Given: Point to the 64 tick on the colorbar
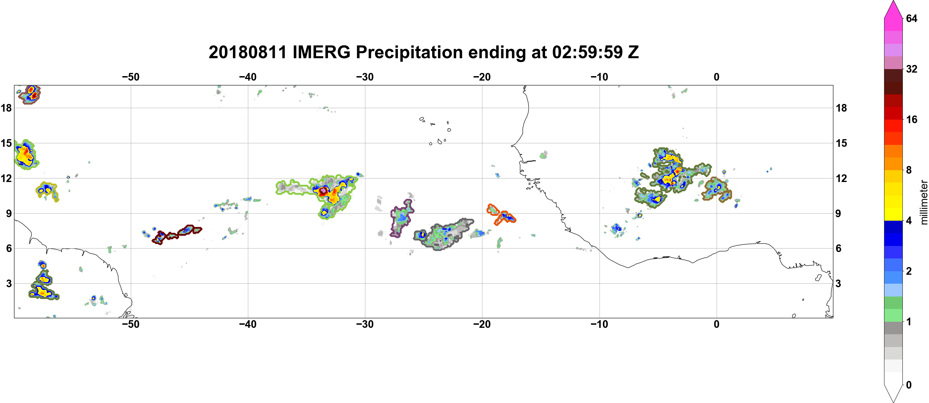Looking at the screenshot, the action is (911, 18).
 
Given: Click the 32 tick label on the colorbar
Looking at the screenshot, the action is (911, 69).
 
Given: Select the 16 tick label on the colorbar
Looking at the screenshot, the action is (911, 119).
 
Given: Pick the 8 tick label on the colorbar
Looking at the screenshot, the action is (909, 170).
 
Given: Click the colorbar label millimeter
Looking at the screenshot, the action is (924, 202).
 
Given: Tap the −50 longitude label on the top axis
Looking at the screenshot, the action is (131, 77).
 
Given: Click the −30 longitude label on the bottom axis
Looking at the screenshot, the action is (365, 324).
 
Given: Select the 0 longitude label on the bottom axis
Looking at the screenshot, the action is (716, 324).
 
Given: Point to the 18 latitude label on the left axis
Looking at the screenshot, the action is (6, 108).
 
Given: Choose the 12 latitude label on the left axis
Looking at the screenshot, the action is (6, 178).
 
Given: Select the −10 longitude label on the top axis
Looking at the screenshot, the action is (599, 77).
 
